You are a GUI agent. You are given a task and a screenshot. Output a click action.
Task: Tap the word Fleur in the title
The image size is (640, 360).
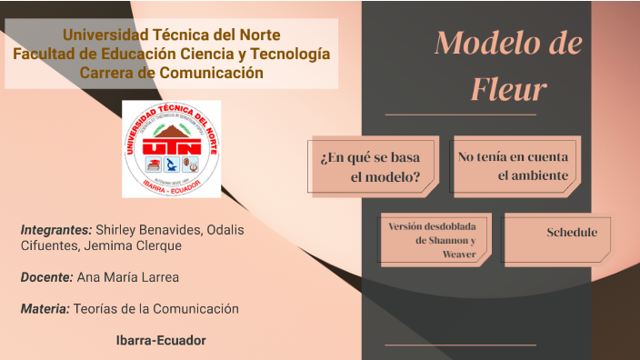pos(508,89)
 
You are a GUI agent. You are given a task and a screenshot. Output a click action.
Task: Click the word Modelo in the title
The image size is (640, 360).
pos(483,42)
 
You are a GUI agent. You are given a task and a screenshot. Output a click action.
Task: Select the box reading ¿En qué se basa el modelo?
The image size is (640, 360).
pos(373,166)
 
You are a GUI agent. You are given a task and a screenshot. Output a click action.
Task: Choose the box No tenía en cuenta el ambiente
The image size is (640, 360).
pos(514,166)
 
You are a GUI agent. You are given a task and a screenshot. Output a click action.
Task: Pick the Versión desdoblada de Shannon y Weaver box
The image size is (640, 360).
pos(435,240)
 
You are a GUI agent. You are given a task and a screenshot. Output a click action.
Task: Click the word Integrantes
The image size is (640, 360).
pos(55,229)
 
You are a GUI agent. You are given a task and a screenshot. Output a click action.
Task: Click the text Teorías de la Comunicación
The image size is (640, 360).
pos(155,309)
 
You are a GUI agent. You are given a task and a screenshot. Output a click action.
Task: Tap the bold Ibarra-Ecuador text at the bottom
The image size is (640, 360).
pos(161,341)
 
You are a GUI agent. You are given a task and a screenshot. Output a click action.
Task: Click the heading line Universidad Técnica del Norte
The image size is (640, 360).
pos(171,35)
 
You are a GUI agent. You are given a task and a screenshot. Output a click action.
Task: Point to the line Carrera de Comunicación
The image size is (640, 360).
pos(171,73)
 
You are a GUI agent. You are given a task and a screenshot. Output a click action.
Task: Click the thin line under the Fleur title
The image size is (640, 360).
pos(460,115)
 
